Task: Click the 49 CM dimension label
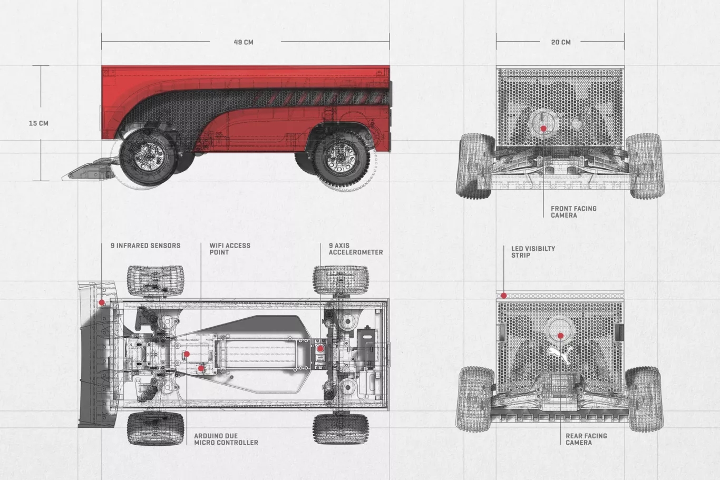point(244,42)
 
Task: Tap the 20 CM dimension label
point(560,42)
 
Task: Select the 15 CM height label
point(38,123)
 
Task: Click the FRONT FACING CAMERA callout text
point(573,212)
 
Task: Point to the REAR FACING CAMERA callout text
point(586,439)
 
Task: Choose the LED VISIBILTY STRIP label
point(533,252)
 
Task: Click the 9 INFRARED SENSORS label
point(145,246)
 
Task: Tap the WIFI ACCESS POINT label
point(230,249)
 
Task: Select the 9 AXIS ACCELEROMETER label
point(356,249)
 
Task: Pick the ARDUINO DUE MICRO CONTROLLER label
point(226,439)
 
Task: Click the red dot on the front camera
point(543,129)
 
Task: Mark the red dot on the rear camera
point(560,336)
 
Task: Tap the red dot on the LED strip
point(504,296)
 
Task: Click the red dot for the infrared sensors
point(102,302)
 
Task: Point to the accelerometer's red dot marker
point(320,348)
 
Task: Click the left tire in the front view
point(474,165)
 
